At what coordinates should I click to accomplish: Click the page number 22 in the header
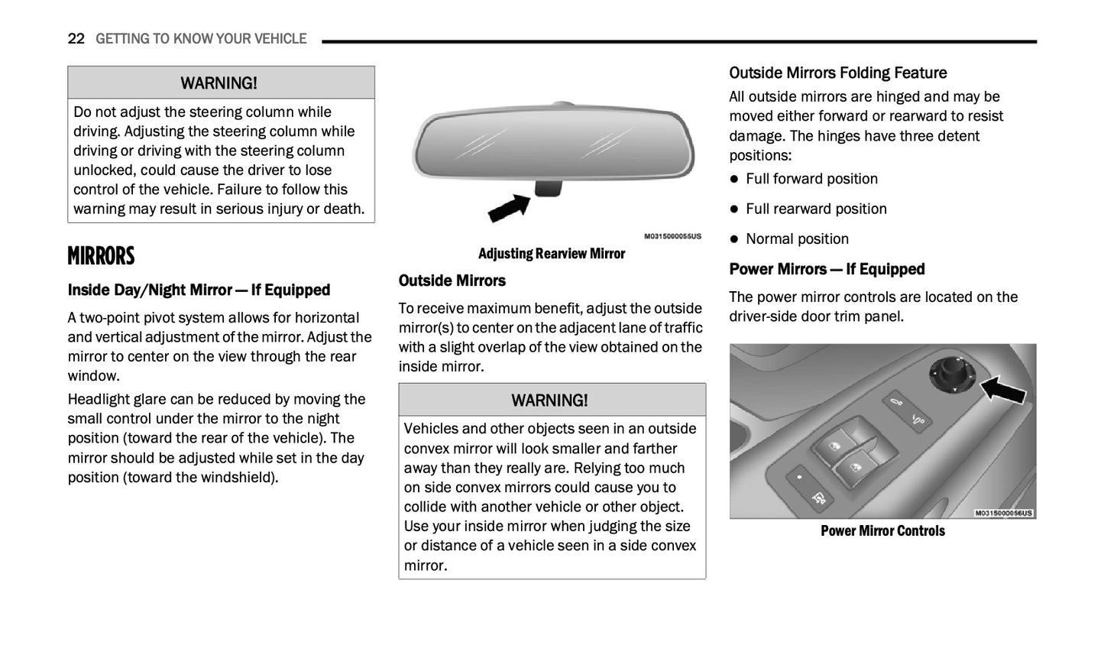pos(76,39)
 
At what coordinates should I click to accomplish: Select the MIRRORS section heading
pos(101,256)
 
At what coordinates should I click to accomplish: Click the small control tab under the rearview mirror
pos(549,188)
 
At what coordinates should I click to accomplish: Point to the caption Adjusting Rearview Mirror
pos(552,254)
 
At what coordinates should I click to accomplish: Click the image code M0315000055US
pos(672,237)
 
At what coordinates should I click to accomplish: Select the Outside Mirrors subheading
pos(452,280)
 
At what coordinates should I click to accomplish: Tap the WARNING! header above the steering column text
pos(219,83)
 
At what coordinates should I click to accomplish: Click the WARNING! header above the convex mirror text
pos(550,400)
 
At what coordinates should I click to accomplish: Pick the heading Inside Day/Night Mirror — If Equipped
pos(199,290)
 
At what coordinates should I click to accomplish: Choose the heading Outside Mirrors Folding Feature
pos(837,73)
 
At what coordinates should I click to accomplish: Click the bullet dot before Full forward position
pos(734,179)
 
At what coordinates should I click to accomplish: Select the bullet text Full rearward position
pos(816,209)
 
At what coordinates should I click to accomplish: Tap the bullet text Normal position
pos(797,238)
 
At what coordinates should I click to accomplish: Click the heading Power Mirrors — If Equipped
pos(827,269)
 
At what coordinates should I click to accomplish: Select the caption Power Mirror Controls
pos(882,530)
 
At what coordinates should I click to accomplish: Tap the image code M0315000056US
pos(1004,513)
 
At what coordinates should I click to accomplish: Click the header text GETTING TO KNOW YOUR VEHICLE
pos(201,39)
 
